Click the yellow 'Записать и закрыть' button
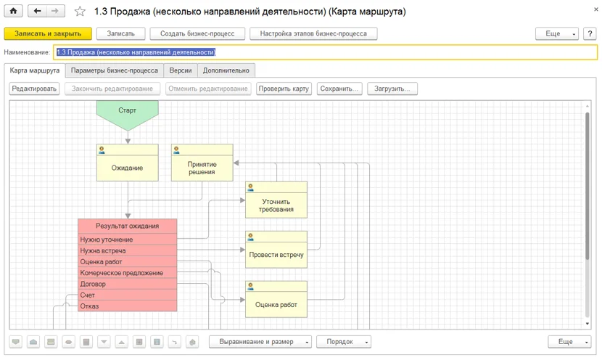48,34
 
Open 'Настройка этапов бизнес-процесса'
313,34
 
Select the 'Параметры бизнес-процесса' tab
115,70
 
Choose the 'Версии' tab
181,70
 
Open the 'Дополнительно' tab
226,70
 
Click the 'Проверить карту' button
284,89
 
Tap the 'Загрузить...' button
392,89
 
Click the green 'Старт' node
128,112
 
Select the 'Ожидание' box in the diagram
128,163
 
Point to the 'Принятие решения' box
202,163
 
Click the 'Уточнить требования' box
276,200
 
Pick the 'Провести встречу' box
276,250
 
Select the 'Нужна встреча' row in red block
128,251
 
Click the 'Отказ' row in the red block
128,306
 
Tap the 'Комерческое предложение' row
128,273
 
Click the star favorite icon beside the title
80,11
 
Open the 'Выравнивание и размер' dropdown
260,342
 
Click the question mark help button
590,34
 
